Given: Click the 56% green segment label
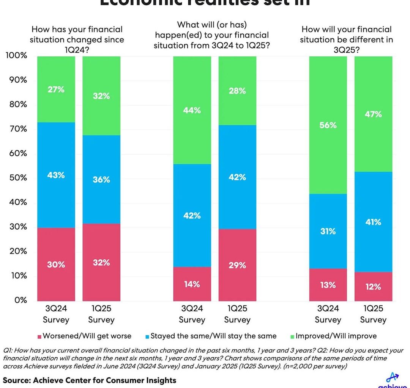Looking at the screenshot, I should point(328,125).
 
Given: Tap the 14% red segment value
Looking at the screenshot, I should point(192,284).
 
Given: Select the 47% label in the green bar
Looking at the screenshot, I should point(373,114).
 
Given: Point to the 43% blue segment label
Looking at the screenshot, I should point(56,175).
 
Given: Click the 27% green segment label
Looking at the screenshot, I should point(56,90).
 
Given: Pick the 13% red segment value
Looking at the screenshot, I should point(328,285).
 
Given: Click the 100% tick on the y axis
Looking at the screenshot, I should point(16,56).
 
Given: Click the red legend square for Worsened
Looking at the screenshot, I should point(39,336).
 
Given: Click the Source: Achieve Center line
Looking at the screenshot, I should point(90,380).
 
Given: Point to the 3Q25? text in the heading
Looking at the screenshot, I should point(346,49).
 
